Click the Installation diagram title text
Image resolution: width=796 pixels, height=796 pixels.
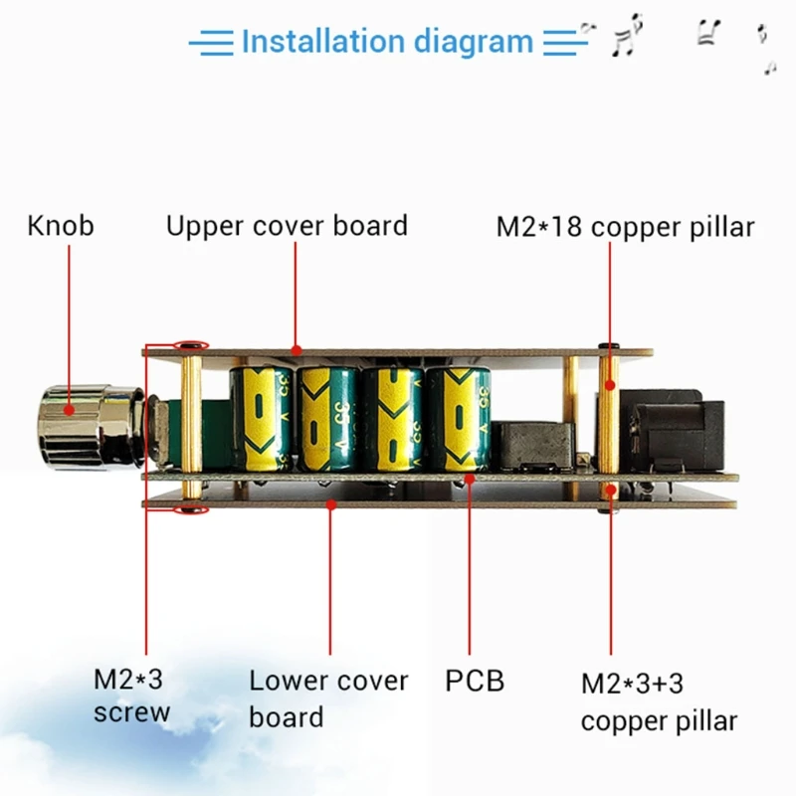(387, 42)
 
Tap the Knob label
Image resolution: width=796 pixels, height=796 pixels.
(61, 226)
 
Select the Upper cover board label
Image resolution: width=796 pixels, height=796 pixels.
(287, 226)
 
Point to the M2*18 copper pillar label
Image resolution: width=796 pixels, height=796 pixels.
(625, 227)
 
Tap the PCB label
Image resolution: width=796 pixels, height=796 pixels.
(475, 682)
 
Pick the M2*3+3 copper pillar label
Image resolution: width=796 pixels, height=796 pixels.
(659, 702)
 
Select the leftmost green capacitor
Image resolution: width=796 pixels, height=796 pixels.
(262, 418)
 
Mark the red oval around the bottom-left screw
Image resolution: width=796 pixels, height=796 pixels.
(189, 510)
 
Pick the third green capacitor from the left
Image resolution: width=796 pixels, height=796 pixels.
(392, 418)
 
